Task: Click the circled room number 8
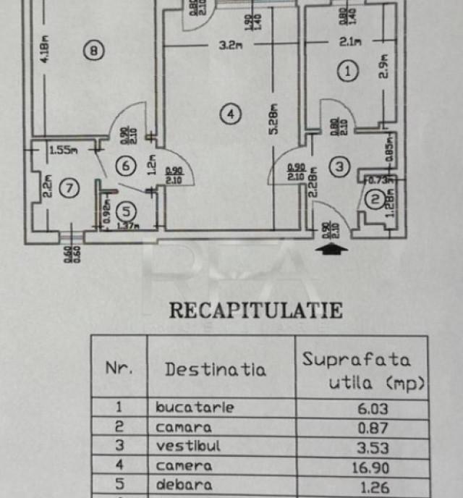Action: pyautogui.click(x=95, y=50)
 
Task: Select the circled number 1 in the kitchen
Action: pyautogui.click(x=349, y=71)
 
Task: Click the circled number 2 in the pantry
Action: pyautogui.click(x=375, y=201)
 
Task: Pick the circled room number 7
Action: pyautogui.click(x=69, y=190)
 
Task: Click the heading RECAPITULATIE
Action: pyautogui.click(x=255, y=311)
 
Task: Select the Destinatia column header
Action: pyautogui.click(x=215, y=369)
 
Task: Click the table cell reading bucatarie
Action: pyautogui.click(x=195, y=408)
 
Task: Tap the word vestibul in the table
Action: pyautogui.click(x=185, y=447)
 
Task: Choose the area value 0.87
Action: pyautogui.click(x=372, y=428)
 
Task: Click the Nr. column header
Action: pyautogui.click(x=119, y=367)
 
